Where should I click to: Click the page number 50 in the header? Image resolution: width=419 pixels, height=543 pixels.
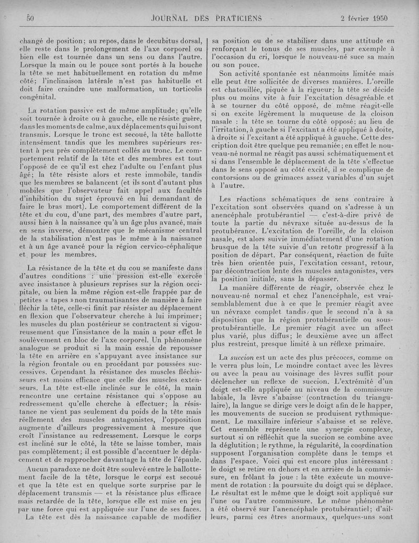point(30,18)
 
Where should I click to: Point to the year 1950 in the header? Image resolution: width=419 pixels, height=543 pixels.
point(377,18)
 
